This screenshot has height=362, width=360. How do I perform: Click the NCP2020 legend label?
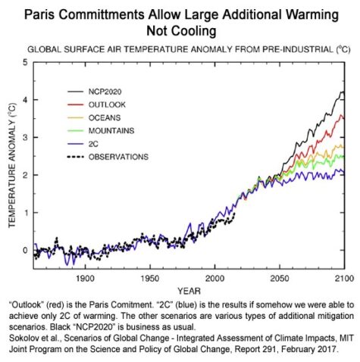point(105,92)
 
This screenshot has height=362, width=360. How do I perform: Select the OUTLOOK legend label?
point(107,105)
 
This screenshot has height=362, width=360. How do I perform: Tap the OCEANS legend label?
point(105,117)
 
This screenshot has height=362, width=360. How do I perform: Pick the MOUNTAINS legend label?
point(111,131)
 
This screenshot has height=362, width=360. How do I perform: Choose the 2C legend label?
point(93,144)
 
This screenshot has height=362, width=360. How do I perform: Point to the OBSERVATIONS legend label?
point(118,157)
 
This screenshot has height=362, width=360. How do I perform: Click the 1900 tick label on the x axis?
point(86,279)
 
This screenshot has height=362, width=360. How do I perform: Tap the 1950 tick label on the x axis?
point(150,279)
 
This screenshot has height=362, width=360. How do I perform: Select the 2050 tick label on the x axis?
point(280,279)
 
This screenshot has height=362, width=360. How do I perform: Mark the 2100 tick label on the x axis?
point(344,279)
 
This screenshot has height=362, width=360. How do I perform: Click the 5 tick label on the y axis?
point(25,62)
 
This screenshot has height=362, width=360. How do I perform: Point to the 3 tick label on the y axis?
point(25,137)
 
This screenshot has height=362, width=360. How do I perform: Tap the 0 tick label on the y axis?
point(25,250)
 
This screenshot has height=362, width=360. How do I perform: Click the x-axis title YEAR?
point(189,291)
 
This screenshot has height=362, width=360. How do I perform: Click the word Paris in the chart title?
point(39,14)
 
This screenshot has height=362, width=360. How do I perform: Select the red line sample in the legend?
point(75,105)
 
